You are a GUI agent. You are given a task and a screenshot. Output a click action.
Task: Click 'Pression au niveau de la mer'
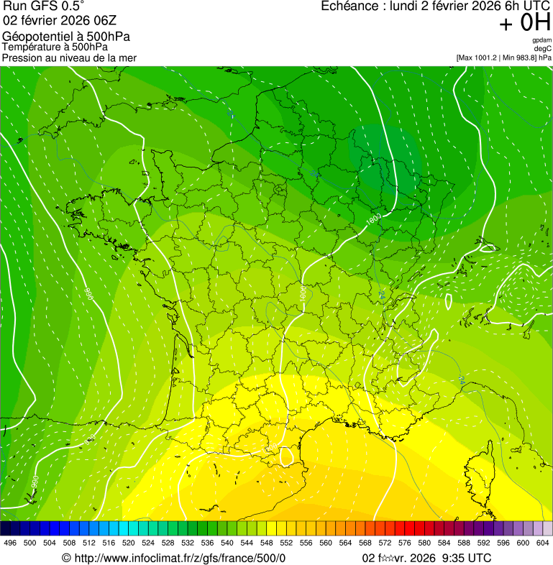(69, 58)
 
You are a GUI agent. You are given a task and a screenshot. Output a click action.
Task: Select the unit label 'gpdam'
(541, 40)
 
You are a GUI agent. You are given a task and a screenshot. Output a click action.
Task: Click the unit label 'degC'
(543, 49)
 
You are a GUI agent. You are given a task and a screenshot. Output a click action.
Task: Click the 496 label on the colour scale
(10, 543)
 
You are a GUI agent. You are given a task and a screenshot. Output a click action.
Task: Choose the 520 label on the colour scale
(129, 543)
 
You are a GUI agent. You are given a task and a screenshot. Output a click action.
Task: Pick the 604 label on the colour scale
(542, 543)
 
